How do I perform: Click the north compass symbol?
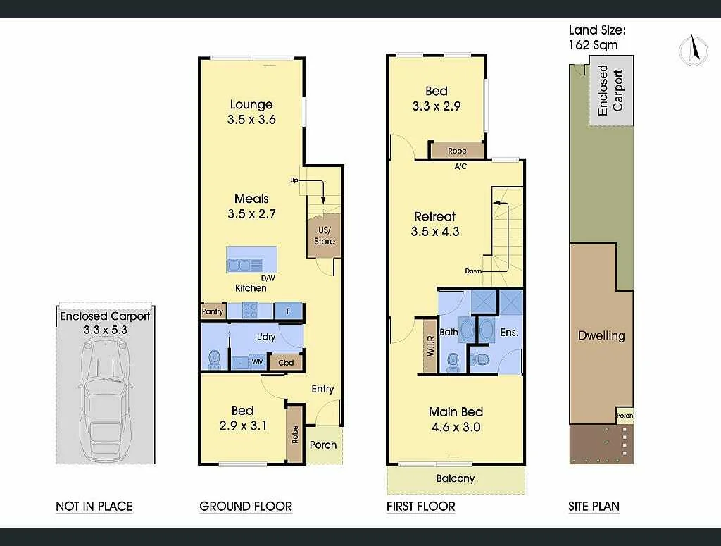[694, 51]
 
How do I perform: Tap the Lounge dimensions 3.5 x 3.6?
[251, 120]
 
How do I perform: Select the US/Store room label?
[325, 236]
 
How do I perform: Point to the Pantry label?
[213, 311]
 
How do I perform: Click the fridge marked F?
[288, 311]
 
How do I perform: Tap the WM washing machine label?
[258, 362]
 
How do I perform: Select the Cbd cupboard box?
[286, 363]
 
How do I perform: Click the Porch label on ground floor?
[323, 445]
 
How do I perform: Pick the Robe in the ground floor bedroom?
[295, 434]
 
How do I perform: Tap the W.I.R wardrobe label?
[430, 347]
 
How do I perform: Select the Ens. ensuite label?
[508, 332]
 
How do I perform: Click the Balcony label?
[456, 478]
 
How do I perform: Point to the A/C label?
[460, 167]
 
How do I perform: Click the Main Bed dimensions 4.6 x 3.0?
[456, 426]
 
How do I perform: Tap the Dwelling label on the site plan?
[601, 335]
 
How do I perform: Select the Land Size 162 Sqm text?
[596, 37]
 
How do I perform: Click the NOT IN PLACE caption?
[94, 506]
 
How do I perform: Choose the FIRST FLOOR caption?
[420, 506]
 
